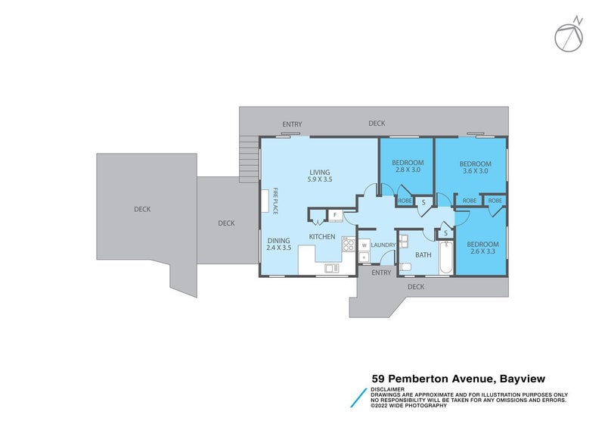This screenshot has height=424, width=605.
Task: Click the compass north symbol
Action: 569,36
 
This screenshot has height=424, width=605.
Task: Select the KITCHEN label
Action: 321,237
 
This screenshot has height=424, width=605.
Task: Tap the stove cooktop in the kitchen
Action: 348,244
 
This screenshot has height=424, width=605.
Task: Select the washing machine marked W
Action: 364,245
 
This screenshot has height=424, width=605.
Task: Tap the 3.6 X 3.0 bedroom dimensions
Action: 475,168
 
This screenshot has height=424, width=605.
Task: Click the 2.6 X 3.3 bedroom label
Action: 482,248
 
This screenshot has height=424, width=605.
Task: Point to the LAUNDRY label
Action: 384,245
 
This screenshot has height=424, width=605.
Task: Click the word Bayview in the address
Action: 520,378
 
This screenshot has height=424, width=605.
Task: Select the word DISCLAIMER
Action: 388,389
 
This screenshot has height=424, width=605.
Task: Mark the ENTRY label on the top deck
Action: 292,124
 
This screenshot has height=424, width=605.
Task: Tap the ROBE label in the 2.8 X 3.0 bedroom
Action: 405,201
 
